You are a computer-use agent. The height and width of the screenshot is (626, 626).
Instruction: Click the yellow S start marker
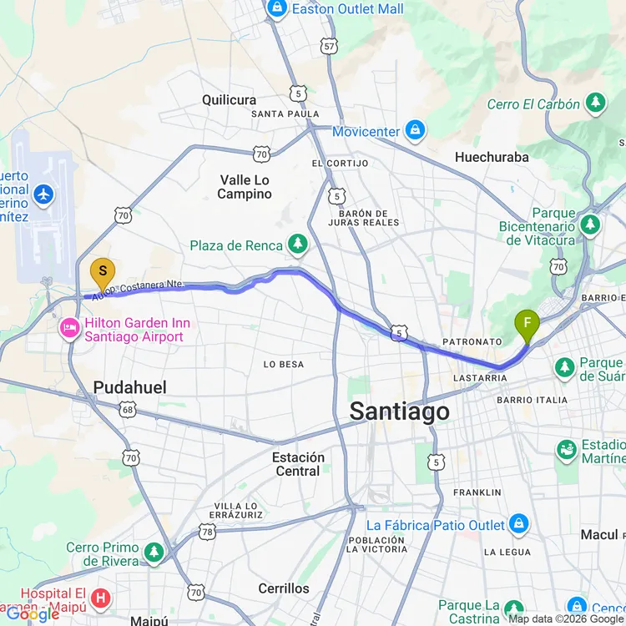103,272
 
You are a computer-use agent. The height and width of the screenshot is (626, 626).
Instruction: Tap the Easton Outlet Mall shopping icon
277,9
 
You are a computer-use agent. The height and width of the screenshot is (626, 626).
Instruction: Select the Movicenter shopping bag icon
415,131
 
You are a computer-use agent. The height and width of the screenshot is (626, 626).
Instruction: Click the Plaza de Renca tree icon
297,245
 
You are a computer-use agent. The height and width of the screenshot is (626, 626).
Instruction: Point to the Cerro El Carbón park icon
595,103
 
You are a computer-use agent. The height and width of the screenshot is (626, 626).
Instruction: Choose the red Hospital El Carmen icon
101,598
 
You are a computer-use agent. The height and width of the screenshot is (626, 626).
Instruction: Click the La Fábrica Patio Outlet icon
519,524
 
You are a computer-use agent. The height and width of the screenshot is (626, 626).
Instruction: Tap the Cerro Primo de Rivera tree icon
154,553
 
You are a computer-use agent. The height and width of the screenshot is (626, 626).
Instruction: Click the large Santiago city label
399,411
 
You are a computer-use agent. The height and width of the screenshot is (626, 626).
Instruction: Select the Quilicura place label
229,100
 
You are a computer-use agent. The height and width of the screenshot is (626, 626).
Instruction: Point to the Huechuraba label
492,157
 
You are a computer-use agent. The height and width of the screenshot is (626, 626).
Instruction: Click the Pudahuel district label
129,387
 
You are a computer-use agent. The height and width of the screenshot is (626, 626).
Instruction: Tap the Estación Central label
298,464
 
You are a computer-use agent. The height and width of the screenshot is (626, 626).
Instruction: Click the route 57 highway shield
330,47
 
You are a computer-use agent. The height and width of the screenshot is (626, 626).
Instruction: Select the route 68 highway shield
128,410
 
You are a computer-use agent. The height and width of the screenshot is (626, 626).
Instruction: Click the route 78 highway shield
207,531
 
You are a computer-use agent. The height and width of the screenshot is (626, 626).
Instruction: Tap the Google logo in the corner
33,614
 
